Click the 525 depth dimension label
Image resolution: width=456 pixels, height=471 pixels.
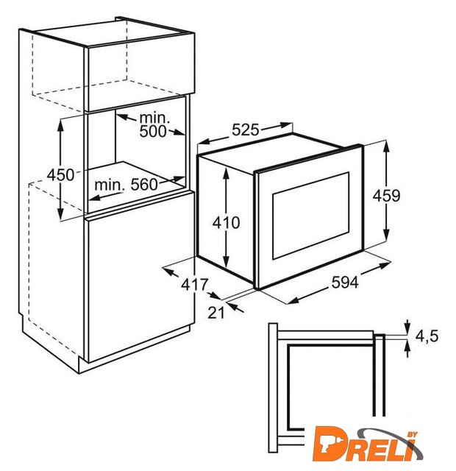245,130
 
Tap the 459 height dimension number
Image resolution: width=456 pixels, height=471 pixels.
386,196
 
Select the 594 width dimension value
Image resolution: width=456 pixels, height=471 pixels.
345,283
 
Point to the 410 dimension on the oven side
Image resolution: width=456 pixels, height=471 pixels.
226,222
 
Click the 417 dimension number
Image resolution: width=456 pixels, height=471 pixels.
195,285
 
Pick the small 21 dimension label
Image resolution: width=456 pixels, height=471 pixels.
216,314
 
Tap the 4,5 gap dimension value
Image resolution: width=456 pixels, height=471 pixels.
427,336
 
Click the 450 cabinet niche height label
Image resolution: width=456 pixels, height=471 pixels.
60,175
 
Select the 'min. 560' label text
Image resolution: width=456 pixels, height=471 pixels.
126,185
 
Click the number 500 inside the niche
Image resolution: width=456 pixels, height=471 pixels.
153,131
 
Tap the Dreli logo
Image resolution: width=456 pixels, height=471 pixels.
368,445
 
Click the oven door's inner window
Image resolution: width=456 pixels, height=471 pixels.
311,216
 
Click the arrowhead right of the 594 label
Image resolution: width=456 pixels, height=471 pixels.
385,265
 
